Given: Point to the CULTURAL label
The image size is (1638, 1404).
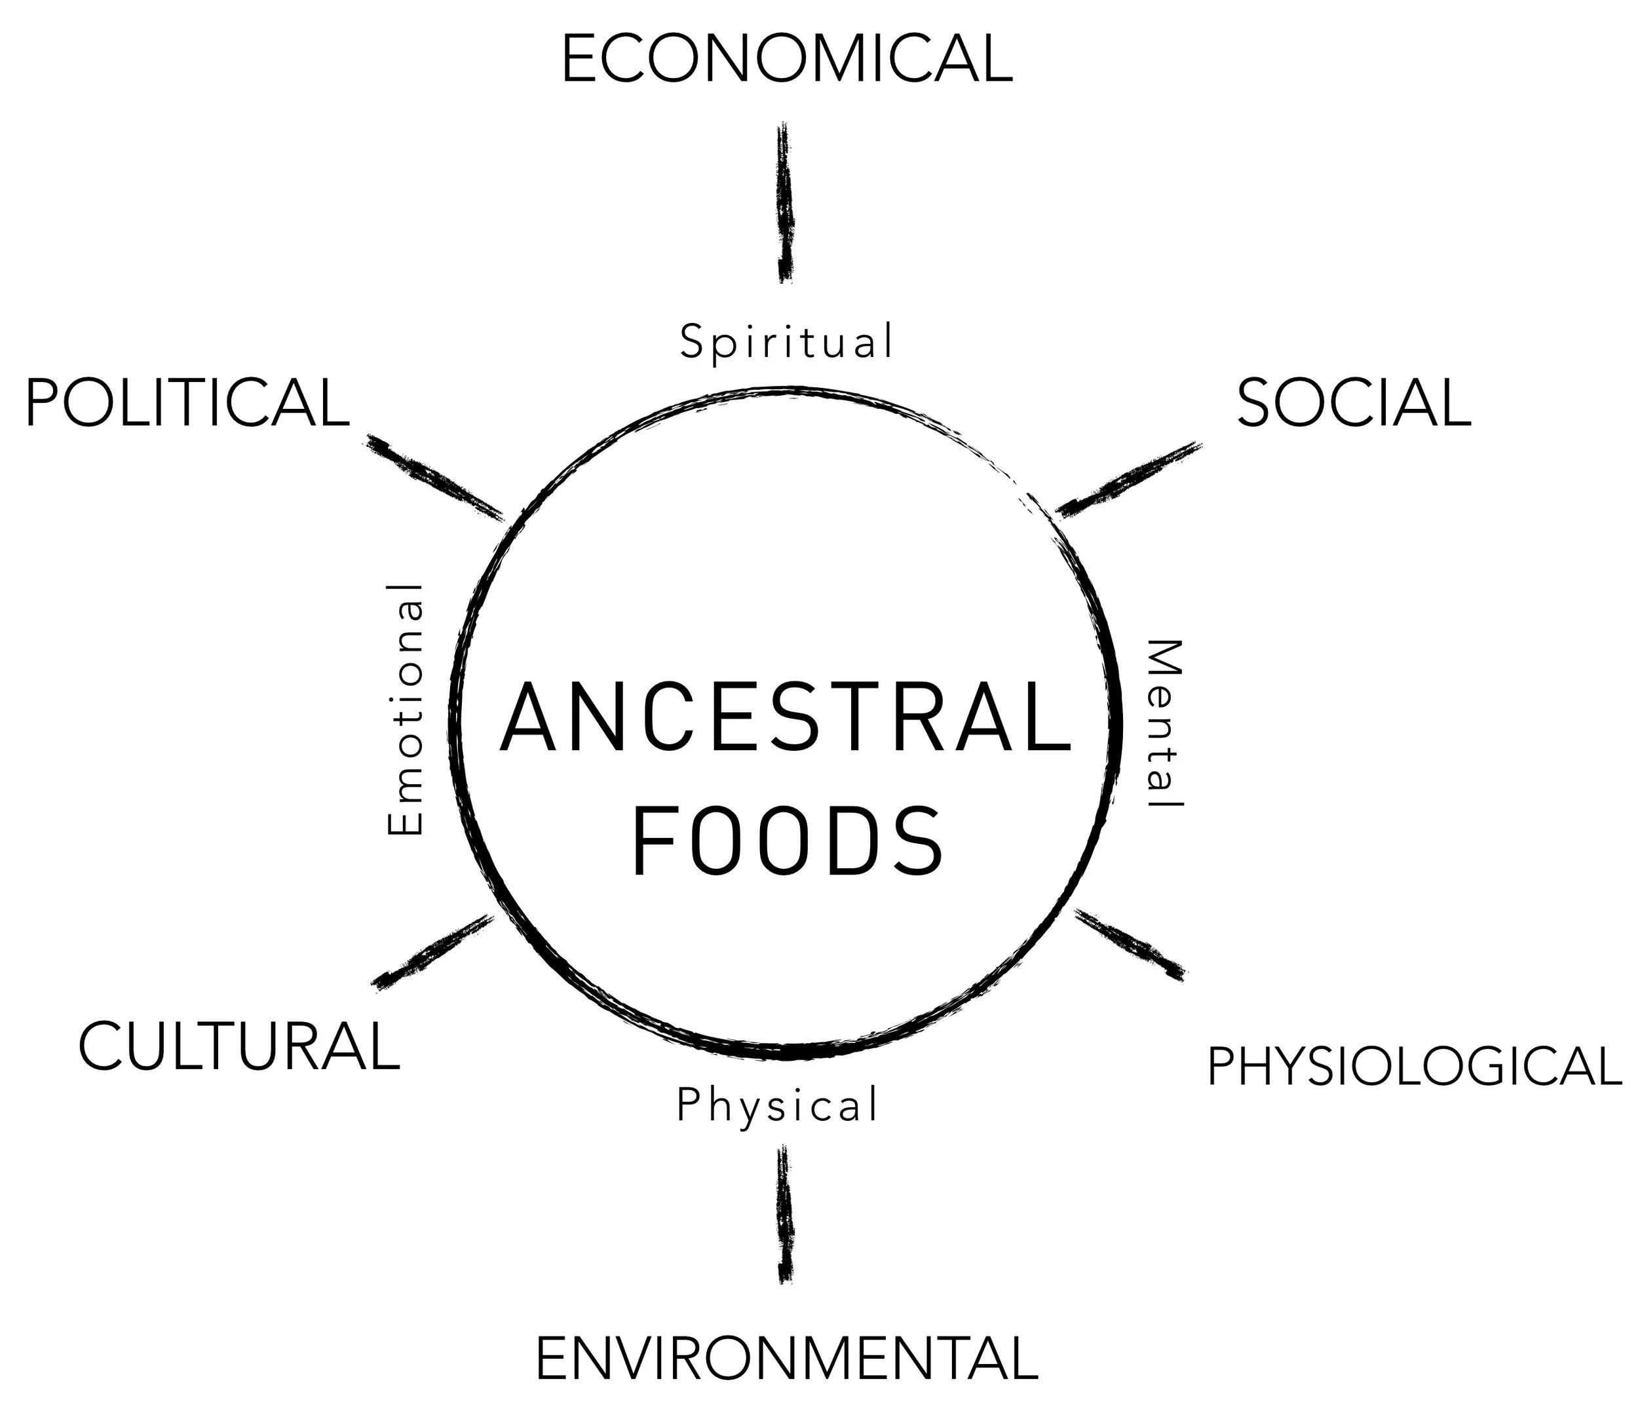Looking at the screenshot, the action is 238,1047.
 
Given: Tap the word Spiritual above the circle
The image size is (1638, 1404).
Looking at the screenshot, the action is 787,342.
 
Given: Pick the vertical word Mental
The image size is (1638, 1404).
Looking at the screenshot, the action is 1163,723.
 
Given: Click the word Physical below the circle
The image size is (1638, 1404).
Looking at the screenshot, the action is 777,1105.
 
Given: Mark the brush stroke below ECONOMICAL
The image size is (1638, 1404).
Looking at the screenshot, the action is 784,203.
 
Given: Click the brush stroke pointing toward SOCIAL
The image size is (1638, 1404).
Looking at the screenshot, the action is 1129,479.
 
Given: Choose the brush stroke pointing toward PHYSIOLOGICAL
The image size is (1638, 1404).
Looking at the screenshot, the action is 1130,945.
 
